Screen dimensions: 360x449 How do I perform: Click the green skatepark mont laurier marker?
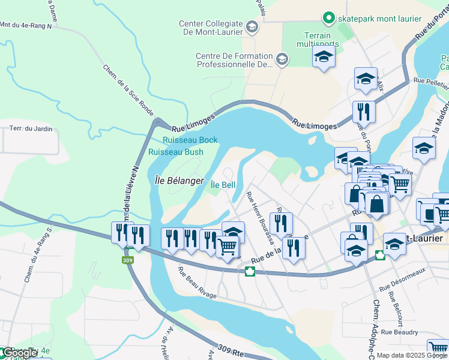328,19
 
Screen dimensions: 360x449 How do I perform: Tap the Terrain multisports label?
318,40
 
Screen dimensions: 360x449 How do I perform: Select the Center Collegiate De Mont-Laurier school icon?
252,26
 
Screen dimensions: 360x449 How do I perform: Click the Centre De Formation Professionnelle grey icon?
282,59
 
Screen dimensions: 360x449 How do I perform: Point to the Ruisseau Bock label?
190,140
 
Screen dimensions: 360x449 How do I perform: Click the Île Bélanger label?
179,181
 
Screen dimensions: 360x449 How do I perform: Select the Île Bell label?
223,185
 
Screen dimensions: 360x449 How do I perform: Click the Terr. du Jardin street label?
31,128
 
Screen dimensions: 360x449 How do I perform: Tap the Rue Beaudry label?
399,331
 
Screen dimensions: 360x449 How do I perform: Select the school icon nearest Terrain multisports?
324,57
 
